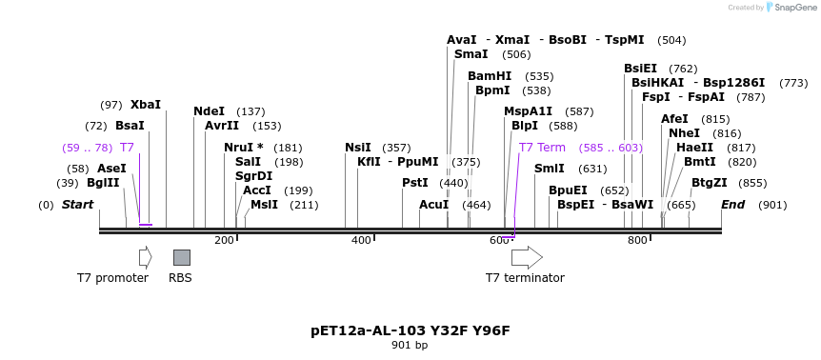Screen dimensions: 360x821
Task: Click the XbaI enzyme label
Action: (146, 105)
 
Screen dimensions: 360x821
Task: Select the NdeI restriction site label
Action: (210, 111)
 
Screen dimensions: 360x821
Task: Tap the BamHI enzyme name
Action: (490, 76)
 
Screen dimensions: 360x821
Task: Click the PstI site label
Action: (415, 183)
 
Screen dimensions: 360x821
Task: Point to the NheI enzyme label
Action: (684, 133)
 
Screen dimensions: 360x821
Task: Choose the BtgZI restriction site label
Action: (710, 183)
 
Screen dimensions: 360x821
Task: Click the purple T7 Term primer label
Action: (543, 148)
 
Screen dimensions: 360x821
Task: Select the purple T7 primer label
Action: (127, 148)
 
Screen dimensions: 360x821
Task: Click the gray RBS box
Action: (181, 257)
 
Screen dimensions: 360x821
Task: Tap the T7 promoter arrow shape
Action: (145, 257)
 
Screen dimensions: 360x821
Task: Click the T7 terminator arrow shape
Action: (527, 257)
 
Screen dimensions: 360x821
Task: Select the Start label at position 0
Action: (78, 205)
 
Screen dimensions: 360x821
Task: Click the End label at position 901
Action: (733, 205)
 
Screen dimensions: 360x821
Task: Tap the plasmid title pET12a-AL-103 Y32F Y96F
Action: (410, 330)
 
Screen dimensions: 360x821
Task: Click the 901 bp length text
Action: (410, 346)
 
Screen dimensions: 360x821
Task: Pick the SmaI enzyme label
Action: (471, 54)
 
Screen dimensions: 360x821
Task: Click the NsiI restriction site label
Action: (358, 148)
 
